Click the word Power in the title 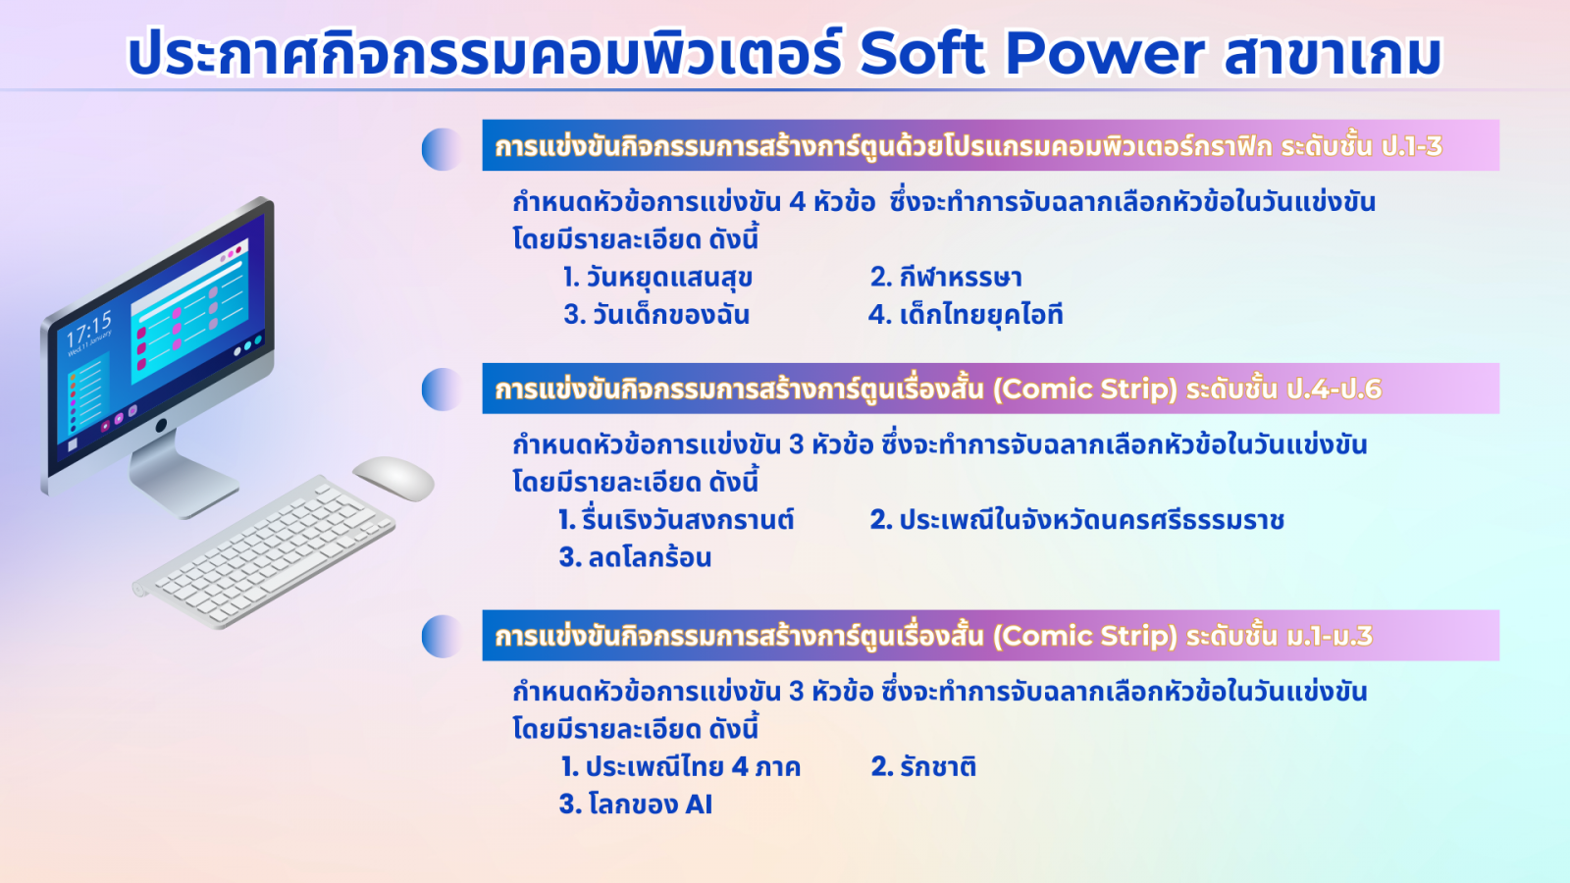pos(1105,53)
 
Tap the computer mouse pos(393,478)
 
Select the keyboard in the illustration pos(264,551)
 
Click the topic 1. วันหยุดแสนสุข pos(657,278)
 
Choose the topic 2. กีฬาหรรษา pos(946,278)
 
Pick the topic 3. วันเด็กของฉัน pos(656,315)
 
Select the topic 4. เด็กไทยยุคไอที pos(966,315)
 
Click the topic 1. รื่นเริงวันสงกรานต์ pos(676,520)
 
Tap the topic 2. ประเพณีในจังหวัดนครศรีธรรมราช pos(1076,520)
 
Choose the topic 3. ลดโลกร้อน pos(635,558)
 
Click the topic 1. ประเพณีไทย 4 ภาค pos(680,766)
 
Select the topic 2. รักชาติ pos(923,766)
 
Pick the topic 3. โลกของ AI pos(635,804)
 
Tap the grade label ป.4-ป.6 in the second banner pos(1334,389)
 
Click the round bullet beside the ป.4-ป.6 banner pos(443,389)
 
